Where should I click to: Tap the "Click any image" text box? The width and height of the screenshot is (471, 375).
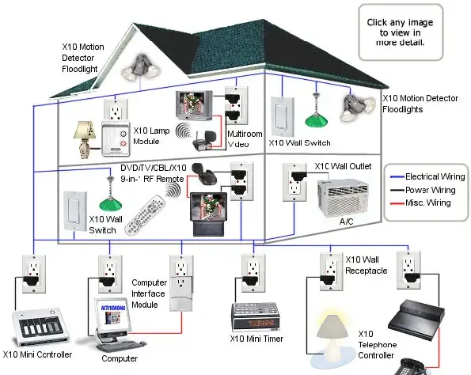401,31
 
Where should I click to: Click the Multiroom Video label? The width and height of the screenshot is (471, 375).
245,139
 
